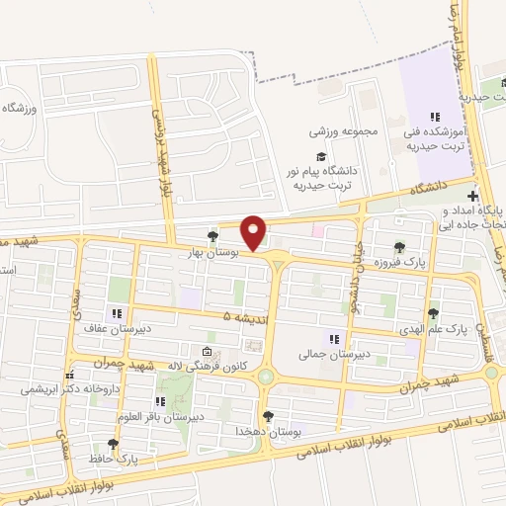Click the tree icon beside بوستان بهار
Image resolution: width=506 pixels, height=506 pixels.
pyautogui.click(x=212, y=235)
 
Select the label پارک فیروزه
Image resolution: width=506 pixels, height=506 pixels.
pyautogui.click(x=399, y=262)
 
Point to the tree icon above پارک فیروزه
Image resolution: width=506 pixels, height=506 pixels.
pyautogui.click(x=399, y=247)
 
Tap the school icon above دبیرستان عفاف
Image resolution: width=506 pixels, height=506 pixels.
pyautogui.click(x=120, y=314)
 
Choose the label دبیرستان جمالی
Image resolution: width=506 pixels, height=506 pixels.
pyautogui.click(x=335, y=352)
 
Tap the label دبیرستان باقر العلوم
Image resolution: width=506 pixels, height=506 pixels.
pyautogui.click(x=159, y=417)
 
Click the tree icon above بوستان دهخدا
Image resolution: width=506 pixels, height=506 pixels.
pyautogui.click(x=267, y=416)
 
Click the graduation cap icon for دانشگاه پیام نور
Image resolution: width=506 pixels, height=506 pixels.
pyautogui.click(x=319, y=156)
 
